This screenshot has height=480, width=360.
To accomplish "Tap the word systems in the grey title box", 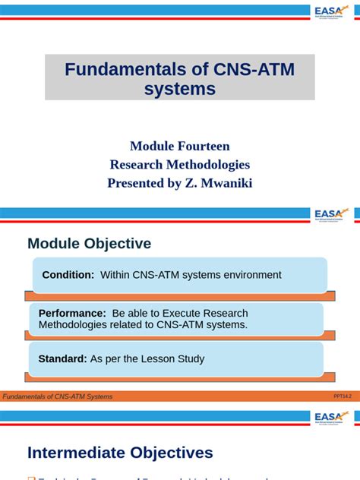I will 180,89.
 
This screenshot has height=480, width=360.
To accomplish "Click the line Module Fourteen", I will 180,146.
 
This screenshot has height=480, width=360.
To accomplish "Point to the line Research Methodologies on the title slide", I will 180,164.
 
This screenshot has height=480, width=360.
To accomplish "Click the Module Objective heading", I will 89,244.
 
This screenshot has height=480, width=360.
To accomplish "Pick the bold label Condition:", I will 68,275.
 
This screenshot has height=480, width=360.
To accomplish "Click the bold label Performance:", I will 72,313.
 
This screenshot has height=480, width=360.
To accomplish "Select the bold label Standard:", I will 62,358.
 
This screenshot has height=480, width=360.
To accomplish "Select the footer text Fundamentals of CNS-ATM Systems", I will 58,396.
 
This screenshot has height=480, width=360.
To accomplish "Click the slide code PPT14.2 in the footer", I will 343,396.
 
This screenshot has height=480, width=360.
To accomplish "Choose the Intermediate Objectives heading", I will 120,453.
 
